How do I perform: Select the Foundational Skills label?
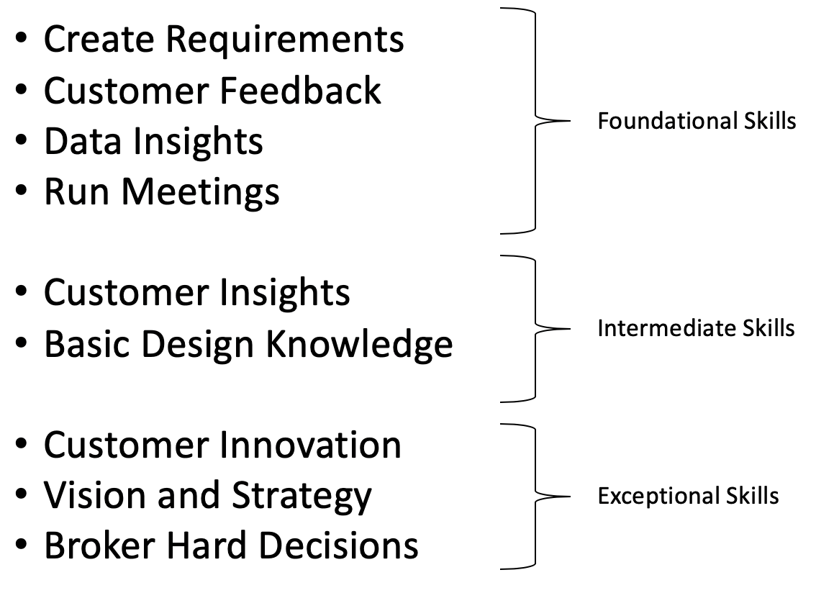pos(697,122)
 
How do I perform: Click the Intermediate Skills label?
pos(696,328)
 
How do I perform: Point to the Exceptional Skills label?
pos(688,496)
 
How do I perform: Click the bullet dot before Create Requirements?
pos(22,40)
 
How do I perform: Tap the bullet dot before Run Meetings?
pos(22,193)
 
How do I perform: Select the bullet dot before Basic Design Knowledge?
pos(22,345)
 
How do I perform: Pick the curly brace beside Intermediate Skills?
pos(535,328)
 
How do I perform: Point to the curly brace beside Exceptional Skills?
pos(535,496)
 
